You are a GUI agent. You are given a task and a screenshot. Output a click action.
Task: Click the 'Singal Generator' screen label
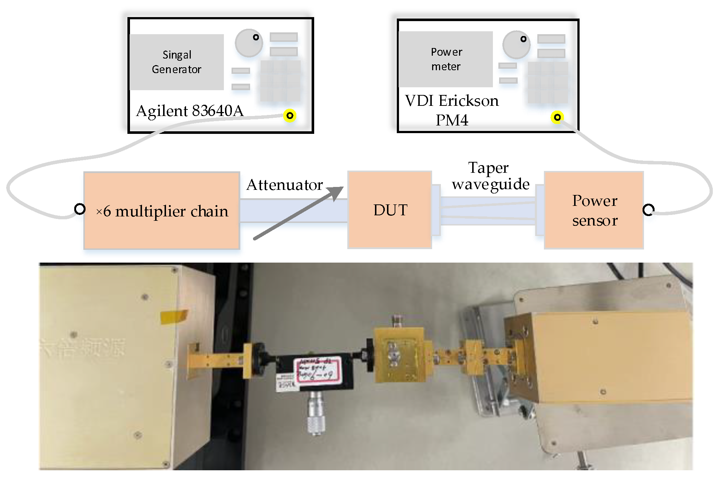tap(177, 62)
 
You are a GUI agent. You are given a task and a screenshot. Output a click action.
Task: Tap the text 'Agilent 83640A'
tap(190, 111)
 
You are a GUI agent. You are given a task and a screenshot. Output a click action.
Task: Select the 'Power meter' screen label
tap(446, 59)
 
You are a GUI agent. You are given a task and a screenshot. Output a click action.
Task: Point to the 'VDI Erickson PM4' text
tap(452, 110)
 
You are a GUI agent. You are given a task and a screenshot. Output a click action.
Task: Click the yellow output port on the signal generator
tap(290, 116)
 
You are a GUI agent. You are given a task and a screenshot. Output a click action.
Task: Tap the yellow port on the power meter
tap(557, 117)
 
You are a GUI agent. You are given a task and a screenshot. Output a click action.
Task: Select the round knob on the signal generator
tap(249, 43)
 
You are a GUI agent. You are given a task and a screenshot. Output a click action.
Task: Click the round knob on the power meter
tap(516, 45)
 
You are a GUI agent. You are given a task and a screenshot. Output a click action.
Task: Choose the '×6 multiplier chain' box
tap(162, 211)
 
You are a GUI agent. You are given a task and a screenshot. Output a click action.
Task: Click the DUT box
tap(390, 210)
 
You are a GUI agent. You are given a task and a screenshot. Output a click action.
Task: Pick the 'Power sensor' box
tap(594, 210)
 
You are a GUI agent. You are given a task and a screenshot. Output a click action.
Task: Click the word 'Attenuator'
tap(284, 185)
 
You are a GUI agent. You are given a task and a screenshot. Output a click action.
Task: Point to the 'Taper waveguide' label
tap(490, 176)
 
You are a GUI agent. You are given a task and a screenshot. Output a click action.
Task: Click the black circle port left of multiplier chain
tap(80, 209)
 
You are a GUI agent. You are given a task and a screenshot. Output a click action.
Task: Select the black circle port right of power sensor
tap(648, 210)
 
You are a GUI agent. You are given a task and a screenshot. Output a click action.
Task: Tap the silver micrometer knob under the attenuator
tap(316, 415)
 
